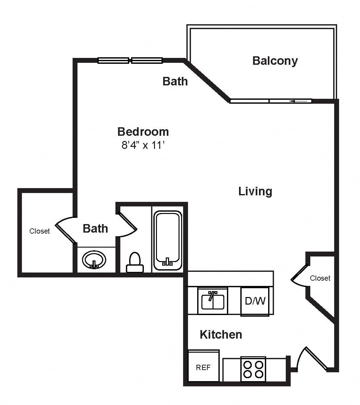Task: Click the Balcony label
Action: tap(275, 61)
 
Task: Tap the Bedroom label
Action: tap(143, 132)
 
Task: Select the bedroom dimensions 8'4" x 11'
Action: tap(143, 145)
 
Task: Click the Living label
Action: tap(255, 191)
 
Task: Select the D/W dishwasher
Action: tap(255, 301)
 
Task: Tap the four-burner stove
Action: tap(253, 369)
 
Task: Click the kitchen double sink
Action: tap(213, 301)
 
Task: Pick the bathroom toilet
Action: tap(135, 262)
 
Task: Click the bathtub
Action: tap(168, 240)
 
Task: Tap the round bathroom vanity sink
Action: tap(94, 260)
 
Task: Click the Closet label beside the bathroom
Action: tap(40, 231)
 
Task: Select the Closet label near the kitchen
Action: tap(320, 278)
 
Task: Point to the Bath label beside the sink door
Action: tap(95, 228)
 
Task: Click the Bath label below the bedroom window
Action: tap(175, 81)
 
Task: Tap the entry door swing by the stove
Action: tap(312, 359)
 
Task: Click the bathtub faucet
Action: tap(167, 262)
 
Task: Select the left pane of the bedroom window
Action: tap(113, 61)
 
